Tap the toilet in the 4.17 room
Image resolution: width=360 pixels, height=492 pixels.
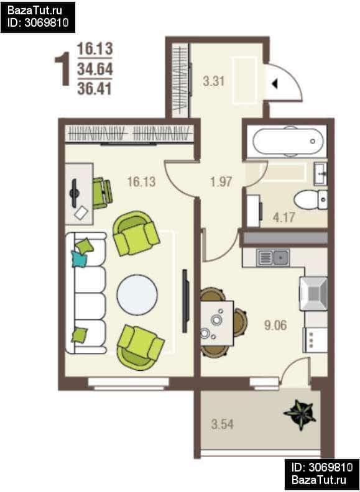point(310,199)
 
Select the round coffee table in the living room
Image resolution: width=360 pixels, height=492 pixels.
point(137,294)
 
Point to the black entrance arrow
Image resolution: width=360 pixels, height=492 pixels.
point(275,84)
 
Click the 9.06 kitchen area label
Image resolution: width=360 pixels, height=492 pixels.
point(275,326)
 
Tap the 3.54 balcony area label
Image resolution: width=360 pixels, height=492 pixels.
point(223,424)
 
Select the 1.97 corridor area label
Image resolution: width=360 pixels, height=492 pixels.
point(221,181)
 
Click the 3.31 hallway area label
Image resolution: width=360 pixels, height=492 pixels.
point(214,81)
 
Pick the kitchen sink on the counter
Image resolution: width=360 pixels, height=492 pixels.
point(273,258)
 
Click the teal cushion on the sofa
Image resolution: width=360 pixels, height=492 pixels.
point(79,258)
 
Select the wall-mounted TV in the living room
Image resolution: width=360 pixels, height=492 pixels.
point(185,301)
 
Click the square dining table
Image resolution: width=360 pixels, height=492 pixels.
point(217,323)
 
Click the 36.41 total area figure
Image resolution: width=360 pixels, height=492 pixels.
point(95,89)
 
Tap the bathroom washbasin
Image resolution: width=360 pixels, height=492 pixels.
point(321,173)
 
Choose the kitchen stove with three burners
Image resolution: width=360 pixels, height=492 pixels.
point(315,340)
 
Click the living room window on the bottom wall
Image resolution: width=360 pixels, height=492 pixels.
point(129,384)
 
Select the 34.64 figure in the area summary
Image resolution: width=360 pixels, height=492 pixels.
point(95,69)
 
